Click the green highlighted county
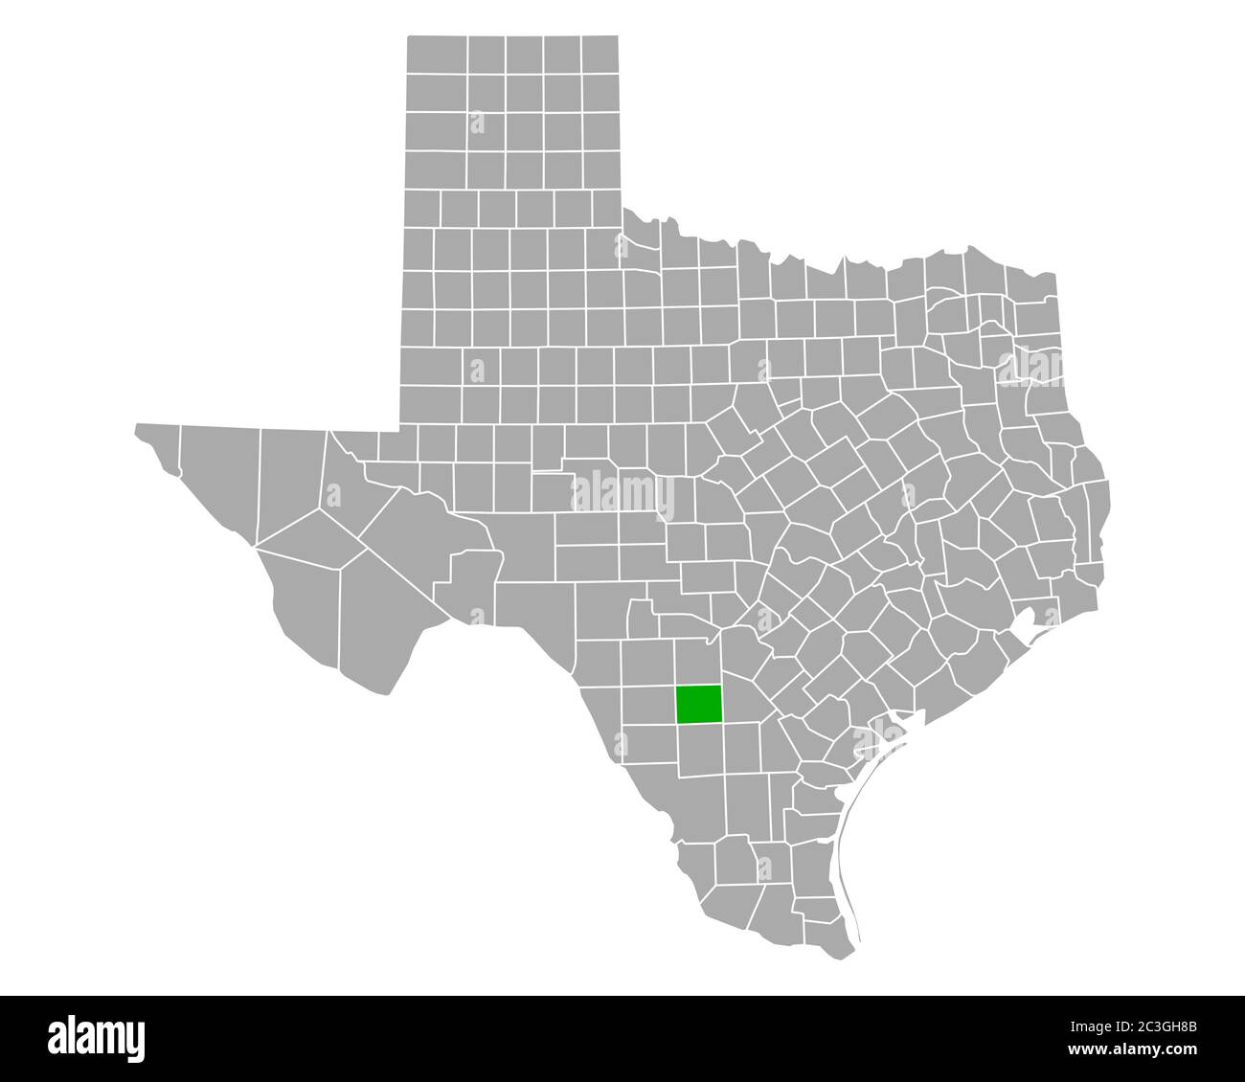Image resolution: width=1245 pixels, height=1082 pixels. [699, 704]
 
